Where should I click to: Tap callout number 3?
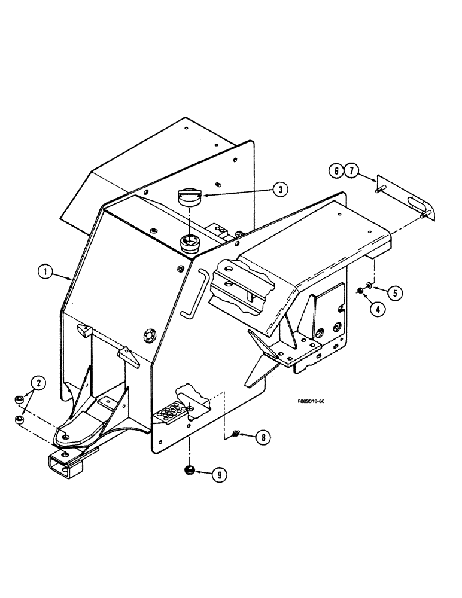click(x=279, y=190)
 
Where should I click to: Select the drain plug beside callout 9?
click(x=189, y=469)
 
